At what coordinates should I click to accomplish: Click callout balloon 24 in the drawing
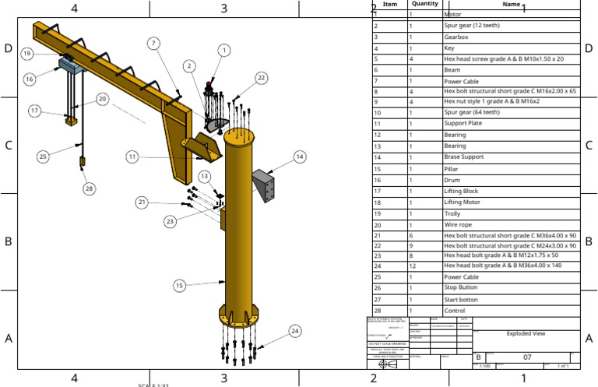coord(294,331)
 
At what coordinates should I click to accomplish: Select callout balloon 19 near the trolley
coord(26,54)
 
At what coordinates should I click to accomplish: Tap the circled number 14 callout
coord(299,157)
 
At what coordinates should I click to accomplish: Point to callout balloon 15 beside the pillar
coord(180,286)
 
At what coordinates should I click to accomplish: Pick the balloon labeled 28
coord(89,188)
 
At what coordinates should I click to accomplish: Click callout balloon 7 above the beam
coord(154,43)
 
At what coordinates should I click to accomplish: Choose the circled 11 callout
coord(133,157)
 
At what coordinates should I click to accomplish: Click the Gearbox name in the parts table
coord(456,37)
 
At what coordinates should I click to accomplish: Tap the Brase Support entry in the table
coord(463,157)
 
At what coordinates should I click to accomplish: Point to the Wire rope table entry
coord(459,224)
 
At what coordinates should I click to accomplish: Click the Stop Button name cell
coord(460,287)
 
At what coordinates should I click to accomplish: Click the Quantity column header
coord(425,4)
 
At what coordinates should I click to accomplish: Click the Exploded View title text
coord(526,333)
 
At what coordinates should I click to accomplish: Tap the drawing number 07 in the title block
coord(526,357)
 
